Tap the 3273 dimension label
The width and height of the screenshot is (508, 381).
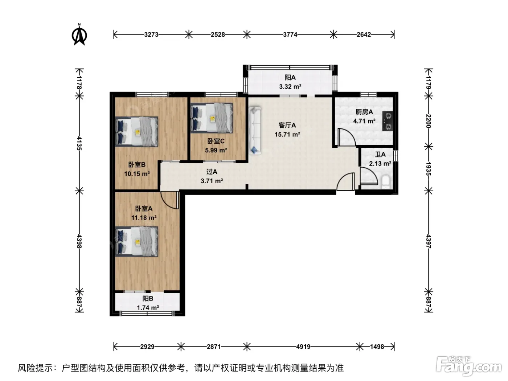click(151, 34)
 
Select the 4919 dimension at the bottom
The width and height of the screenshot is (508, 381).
click(303, 347)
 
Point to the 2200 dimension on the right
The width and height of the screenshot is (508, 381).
click(428, 121)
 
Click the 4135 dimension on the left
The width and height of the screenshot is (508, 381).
click(79, 143)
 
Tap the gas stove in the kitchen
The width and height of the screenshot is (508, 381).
click(388, 121)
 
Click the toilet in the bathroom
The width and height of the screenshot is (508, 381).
click(386, 182)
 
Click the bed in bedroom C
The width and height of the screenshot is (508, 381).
click(212, 118)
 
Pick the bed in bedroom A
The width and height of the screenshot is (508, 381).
click(137, 241)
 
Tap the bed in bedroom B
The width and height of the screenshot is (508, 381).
click(137, 132)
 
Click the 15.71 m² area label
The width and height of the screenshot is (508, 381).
click(287, 134)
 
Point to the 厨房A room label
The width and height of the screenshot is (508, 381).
click(364, 112)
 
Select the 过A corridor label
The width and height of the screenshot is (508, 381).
click(212, 172)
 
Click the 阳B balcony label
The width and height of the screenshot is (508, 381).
click(148, 299)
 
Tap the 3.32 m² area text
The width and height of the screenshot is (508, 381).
click(290, 87)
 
